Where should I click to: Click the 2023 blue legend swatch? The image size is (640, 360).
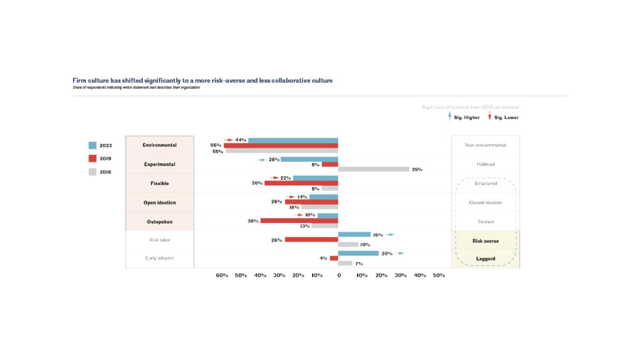(x=92, y=145)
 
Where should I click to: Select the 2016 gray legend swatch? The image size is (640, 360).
(x=92, y=172)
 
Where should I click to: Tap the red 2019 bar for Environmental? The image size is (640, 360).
(x=281, y=145)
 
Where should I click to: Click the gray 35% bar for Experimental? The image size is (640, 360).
(x=374, y=169)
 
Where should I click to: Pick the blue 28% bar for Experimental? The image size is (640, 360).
(x=309, y=160)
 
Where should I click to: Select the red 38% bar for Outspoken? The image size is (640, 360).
(x=299, y=221)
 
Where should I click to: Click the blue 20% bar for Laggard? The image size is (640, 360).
(x=358, y=253)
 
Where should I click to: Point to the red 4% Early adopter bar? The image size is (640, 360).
(x=334, y=258)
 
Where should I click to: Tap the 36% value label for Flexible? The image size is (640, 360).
(x=257, y=183)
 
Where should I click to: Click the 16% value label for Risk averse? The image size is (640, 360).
(x=378, y=235)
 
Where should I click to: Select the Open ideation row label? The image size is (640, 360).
(x=160, y=202)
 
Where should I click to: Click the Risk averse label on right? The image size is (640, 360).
(x=485, y=241)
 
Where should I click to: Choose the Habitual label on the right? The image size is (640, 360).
(x=485, y=164)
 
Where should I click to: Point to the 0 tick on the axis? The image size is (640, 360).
(x=339, y=275)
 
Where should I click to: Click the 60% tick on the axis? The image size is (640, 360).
(x=222, y=275)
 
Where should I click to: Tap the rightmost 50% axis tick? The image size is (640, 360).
(x=439, y=275)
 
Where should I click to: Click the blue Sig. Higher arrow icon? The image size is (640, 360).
(x=449, y=117)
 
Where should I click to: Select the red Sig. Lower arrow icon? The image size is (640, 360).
(x=489, y=117)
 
